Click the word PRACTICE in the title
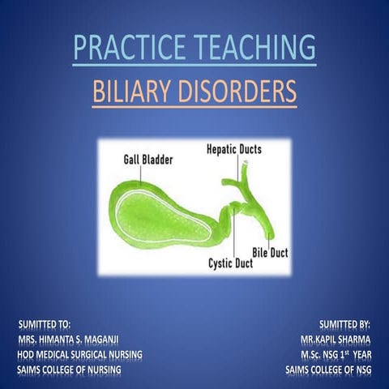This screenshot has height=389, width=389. [x=125, y=47]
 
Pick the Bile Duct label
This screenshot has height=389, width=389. [x=270, y=253]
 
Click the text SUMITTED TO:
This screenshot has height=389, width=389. [x=50, y=322]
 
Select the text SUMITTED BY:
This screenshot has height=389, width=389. [x=344, y=322]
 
